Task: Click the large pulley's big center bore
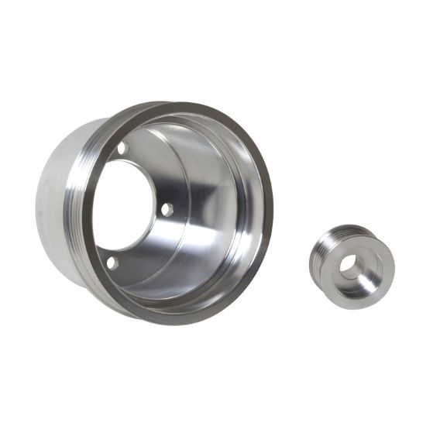(126, 205)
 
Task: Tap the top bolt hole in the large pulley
(122, 148)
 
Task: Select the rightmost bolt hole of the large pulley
(167, 208)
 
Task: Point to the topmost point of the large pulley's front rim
(186, 103)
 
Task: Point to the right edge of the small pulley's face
(394, 267)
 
